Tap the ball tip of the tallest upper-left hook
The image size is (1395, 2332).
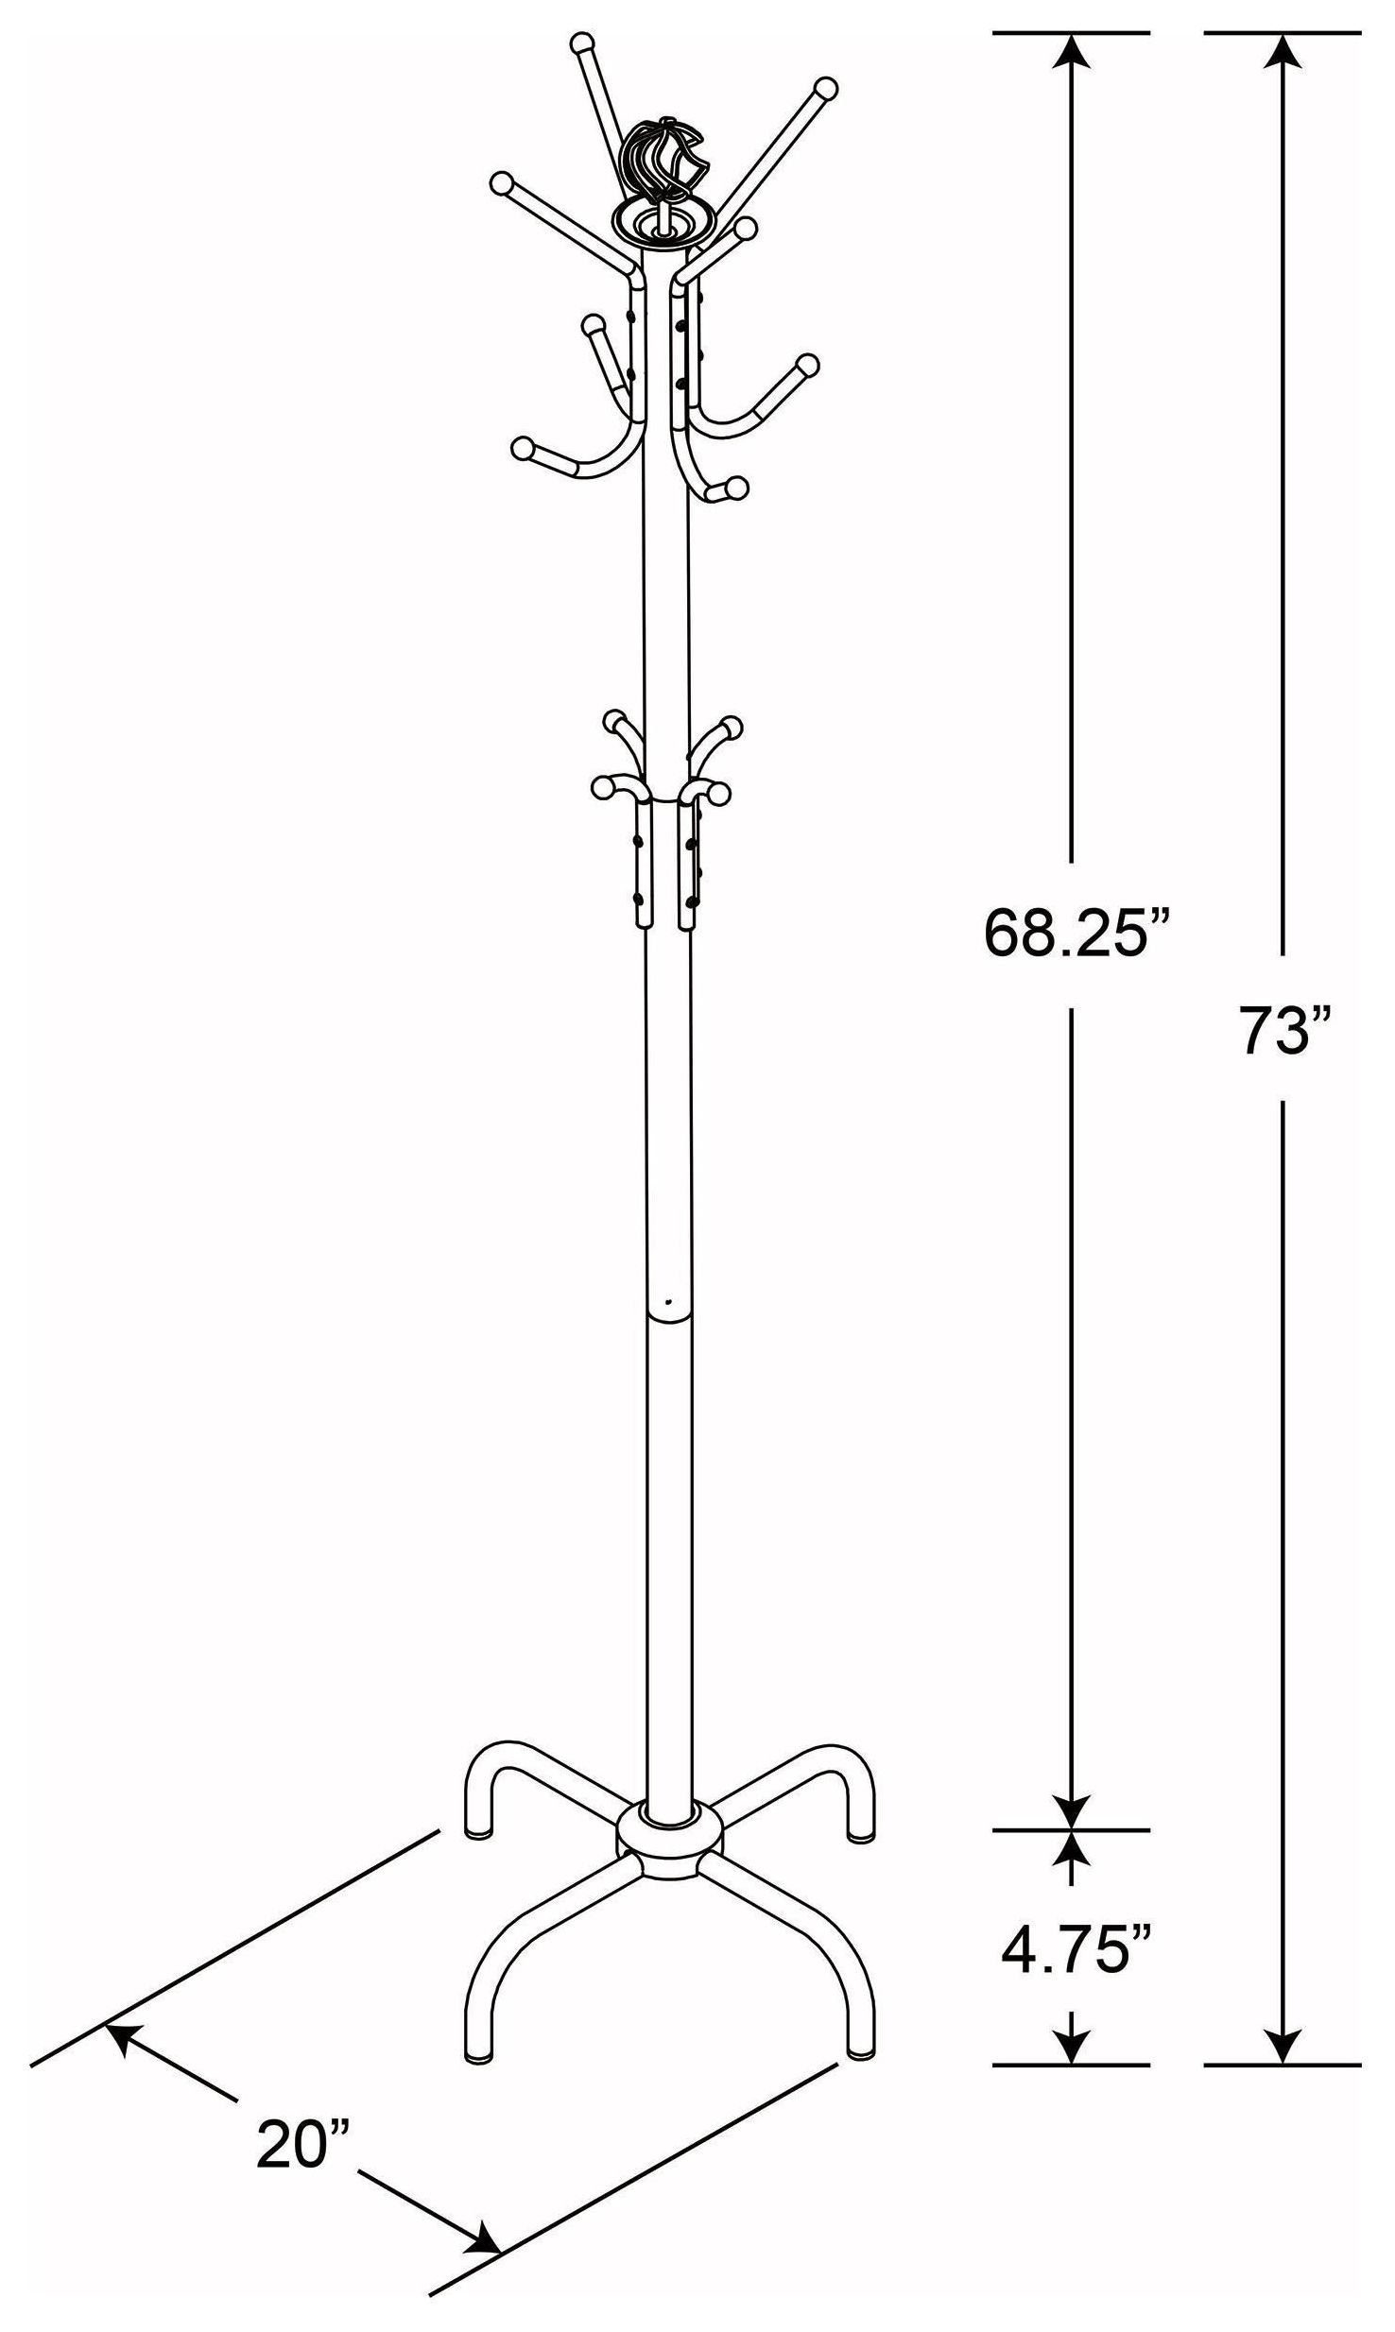pos(583,43)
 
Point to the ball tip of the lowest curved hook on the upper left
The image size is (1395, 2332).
pos(521,448)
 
